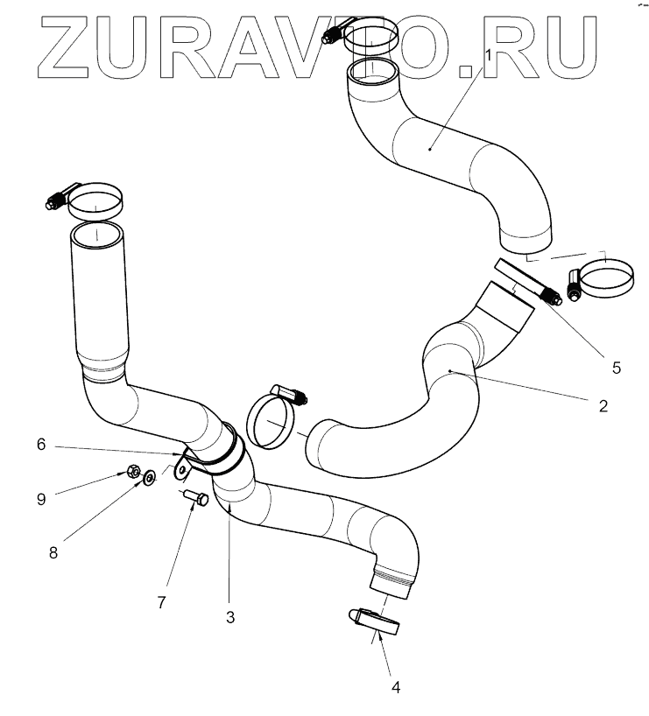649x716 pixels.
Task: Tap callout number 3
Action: [229, 617]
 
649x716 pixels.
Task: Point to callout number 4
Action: [396, 688]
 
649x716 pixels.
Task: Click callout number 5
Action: [616, 368]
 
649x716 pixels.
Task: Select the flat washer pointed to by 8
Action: [151, 477]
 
